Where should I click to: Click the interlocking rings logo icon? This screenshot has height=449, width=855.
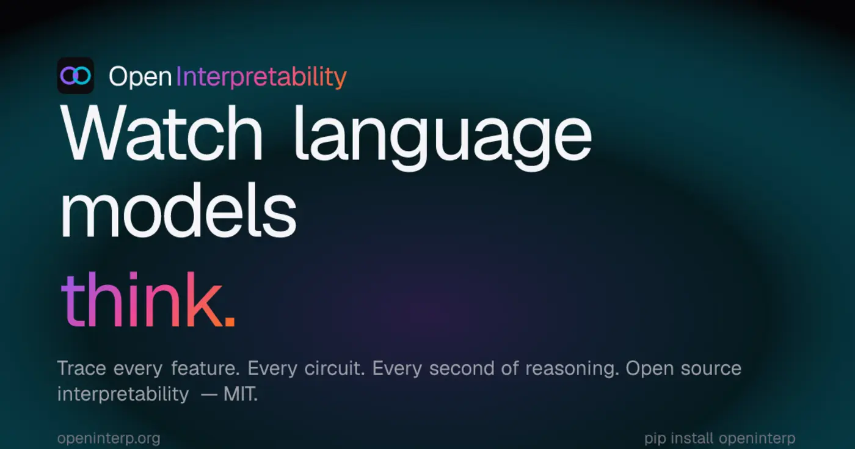[x=75, y=76]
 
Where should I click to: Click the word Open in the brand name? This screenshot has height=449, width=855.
[x=140, y=77]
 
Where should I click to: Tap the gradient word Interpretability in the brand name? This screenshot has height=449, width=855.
[x=261, y=77]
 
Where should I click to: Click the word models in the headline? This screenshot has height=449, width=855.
[x=178, y=211]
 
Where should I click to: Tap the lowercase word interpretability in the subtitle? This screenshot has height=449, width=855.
[x=123, y=395]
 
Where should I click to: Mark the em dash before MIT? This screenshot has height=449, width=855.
[x=209, y=395]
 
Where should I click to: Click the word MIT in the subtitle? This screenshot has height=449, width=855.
[x=240, y=395]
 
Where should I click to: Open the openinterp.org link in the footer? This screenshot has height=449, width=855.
[x=109, y=439]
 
